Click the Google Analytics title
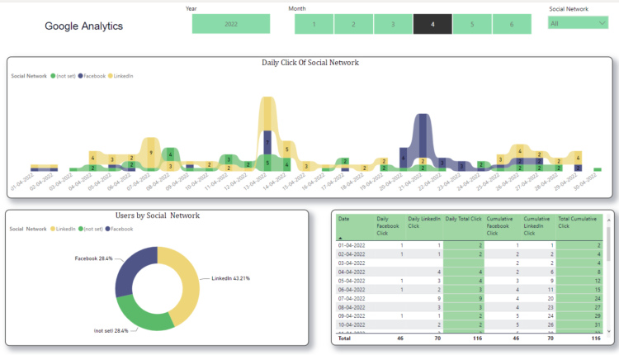(83, 26)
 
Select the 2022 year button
(230, 24)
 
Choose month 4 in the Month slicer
(432, 24)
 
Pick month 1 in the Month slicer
(314, 24)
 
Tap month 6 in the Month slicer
(512, 24)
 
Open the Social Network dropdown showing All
(578, 23)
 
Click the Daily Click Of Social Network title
(309, 63)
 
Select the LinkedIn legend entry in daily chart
(122, 75)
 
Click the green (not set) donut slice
(145, 313)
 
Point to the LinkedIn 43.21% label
(231, 278)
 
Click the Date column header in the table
(344, 219)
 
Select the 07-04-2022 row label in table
(351, 298)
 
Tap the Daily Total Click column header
(461, 219)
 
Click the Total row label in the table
(344, 338)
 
